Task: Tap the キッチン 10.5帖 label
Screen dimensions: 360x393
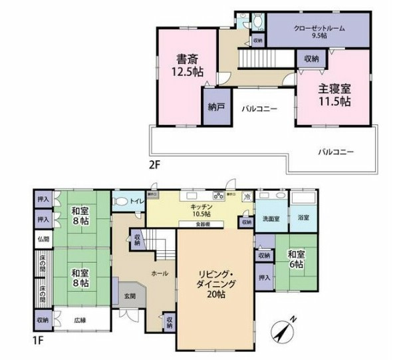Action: [x=200, y=210]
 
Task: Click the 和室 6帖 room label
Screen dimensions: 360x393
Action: [x=295, y=259]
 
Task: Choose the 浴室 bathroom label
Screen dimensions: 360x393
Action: [x=303, y=218]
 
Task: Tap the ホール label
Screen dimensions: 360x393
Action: [x=159, y=273]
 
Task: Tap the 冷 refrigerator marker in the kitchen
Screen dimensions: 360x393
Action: [x=247, y=198]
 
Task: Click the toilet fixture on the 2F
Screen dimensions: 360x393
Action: [x=257, y=21]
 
